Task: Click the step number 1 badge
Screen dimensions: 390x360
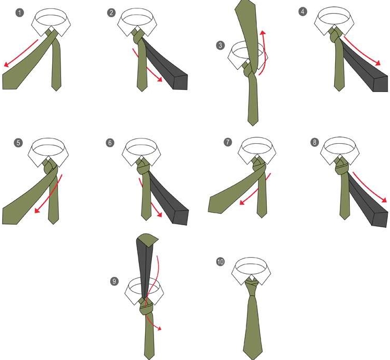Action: pos(20,13)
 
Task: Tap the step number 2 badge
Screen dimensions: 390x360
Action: pos(111,13)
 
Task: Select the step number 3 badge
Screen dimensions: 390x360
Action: pos(220,45)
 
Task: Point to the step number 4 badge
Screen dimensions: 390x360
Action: pos(303,11)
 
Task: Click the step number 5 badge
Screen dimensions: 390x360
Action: pos(18,143)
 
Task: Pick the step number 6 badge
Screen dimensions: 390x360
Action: pos(110,143)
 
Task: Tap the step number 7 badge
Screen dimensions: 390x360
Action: pos(228,142)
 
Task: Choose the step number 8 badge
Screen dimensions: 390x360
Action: pos(315,142)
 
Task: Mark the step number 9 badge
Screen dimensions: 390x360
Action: pos(114,281)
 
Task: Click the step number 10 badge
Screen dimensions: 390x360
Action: pos(220,262)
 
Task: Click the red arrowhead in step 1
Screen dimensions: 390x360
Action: pos(6,65)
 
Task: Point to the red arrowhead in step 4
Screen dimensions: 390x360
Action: pos(378,63)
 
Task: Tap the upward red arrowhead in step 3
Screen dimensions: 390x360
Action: pos(263,32)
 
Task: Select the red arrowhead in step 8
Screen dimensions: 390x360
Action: pos(384,200)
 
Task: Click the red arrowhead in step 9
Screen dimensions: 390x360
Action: pos(159,329)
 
